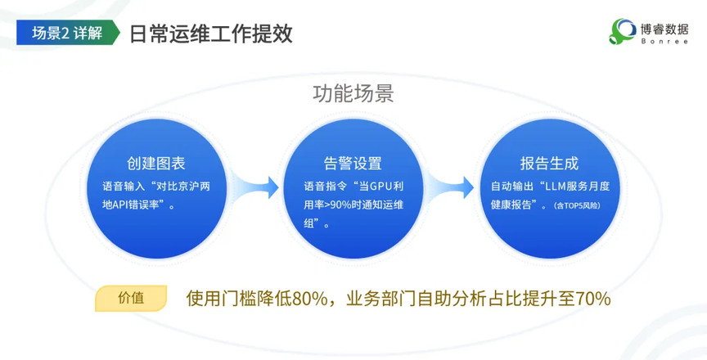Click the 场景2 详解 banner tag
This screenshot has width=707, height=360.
point(68,33)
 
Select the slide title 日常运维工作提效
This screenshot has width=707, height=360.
point(211,34)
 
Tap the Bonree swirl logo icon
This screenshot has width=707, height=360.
point(622,31)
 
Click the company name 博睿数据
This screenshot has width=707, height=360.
point(664,29)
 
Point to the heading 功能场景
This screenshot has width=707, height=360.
point(353,94)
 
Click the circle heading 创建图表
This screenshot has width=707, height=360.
point(156,163)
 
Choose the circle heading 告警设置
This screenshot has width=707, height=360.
point(353,163)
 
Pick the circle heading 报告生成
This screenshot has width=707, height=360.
point(549,163)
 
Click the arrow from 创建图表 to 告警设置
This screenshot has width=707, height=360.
point(254,187)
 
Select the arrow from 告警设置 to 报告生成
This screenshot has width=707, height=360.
point(450,187)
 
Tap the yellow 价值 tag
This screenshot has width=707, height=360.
point(131,298)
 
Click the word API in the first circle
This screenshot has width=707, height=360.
point(121,205)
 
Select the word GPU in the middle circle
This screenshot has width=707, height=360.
point(381,186)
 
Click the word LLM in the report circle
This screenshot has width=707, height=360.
point(556,186)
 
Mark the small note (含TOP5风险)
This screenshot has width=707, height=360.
point(577,206)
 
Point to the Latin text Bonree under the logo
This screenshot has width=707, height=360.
point(664,42)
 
